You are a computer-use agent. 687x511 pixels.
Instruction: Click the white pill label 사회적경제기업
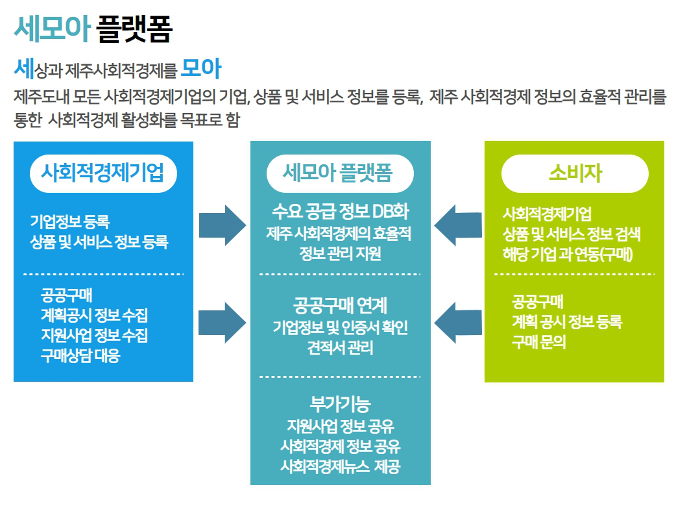[103, 173]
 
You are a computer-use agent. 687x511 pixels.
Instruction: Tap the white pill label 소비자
[575, 173]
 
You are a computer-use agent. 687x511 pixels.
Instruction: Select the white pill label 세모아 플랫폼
[340, 173]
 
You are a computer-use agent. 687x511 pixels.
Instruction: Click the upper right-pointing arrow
[223, 225]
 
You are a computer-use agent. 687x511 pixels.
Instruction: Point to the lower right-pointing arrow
[223, 323]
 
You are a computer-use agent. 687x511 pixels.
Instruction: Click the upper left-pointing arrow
[458, 225]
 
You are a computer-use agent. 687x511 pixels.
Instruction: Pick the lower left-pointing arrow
[458, 323]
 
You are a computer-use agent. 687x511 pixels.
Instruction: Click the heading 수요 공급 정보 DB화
[341, 212]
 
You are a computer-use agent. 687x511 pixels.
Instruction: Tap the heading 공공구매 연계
[341, 305]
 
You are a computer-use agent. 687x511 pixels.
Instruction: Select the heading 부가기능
[341, 404]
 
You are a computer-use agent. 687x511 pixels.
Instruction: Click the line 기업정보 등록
[69, 221]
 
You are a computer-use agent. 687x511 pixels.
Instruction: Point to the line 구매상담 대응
[80, 355]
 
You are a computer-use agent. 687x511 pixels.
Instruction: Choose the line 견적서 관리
[341, 348]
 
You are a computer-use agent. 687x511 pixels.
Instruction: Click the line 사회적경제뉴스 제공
[341, 466]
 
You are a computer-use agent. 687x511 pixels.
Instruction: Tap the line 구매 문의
[539, 342]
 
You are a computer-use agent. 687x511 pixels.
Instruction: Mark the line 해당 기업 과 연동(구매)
[568, 254]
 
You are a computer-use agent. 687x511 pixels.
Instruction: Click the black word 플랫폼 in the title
[134, 29]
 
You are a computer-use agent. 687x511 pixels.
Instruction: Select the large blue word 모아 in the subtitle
[201, 68]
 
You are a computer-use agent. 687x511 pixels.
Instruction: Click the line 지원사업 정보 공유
[341, 426]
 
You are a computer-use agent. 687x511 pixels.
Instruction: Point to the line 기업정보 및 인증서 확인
[341, 327]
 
